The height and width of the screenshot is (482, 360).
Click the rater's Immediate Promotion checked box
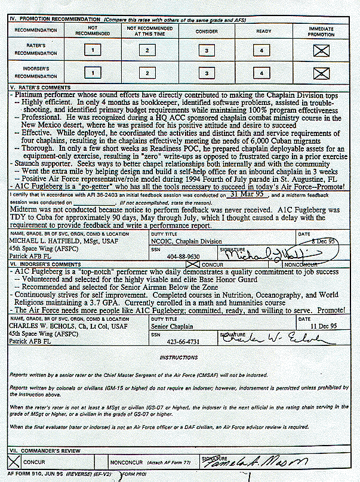click(321, 51)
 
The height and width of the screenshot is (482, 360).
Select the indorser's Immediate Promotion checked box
click(321, 73)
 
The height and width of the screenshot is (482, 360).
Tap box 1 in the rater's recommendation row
click(93, 51)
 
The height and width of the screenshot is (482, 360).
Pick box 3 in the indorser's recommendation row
click(207, 73)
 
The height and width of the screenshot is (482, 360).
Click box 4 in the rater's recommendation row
click(262, 51)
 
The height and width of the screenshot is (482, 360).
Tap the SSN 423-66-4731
click(181, 343)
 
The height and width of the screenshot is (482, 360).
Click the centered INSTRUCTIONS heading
click(180, 357)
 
